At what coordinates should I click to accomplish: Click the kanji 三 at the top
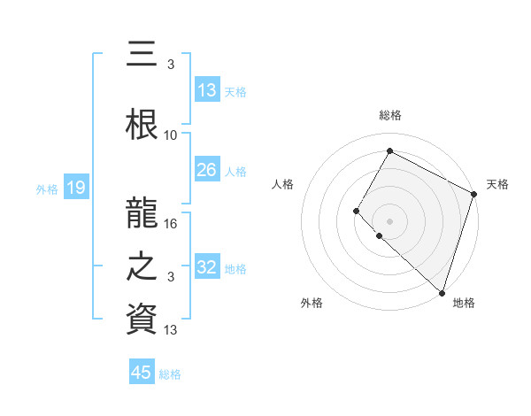[x=142, y=56]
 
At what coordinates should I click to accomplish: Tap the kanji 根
[x=142, y=122]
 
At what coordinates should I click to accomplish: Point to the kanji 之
[x=142, y=266]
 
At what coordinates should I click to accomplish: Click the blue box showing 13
[x=206, y=89]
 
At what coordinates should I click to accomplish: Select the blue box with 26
[x=206, y=170]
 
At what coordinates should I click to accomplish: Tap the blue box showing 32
[x=206, y=267]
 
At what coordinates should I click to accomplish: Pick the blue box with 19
[x=75, y=187]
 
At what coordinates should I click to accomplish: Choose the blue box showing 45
[x=142, y=373]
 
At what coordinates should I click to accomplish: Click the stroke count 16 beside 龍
[x=172, y=224]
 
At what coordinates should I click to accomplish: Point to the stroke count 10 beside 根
[x=171, y=135]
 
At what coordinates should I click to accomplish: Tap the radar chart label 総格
[x=389, y=115]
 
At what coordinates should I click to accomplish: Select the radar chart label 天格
[x=497, y=184]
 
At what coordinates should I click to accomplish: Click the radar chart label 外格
[x=312, y=303]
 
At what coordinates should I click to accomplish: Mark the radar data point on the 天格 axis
[x=474, y=194]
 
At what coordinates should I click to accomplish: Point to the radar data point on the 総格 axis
[x=389, y=150]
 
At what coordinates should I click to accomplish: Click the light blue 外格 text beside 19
[x=46, y=189]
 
